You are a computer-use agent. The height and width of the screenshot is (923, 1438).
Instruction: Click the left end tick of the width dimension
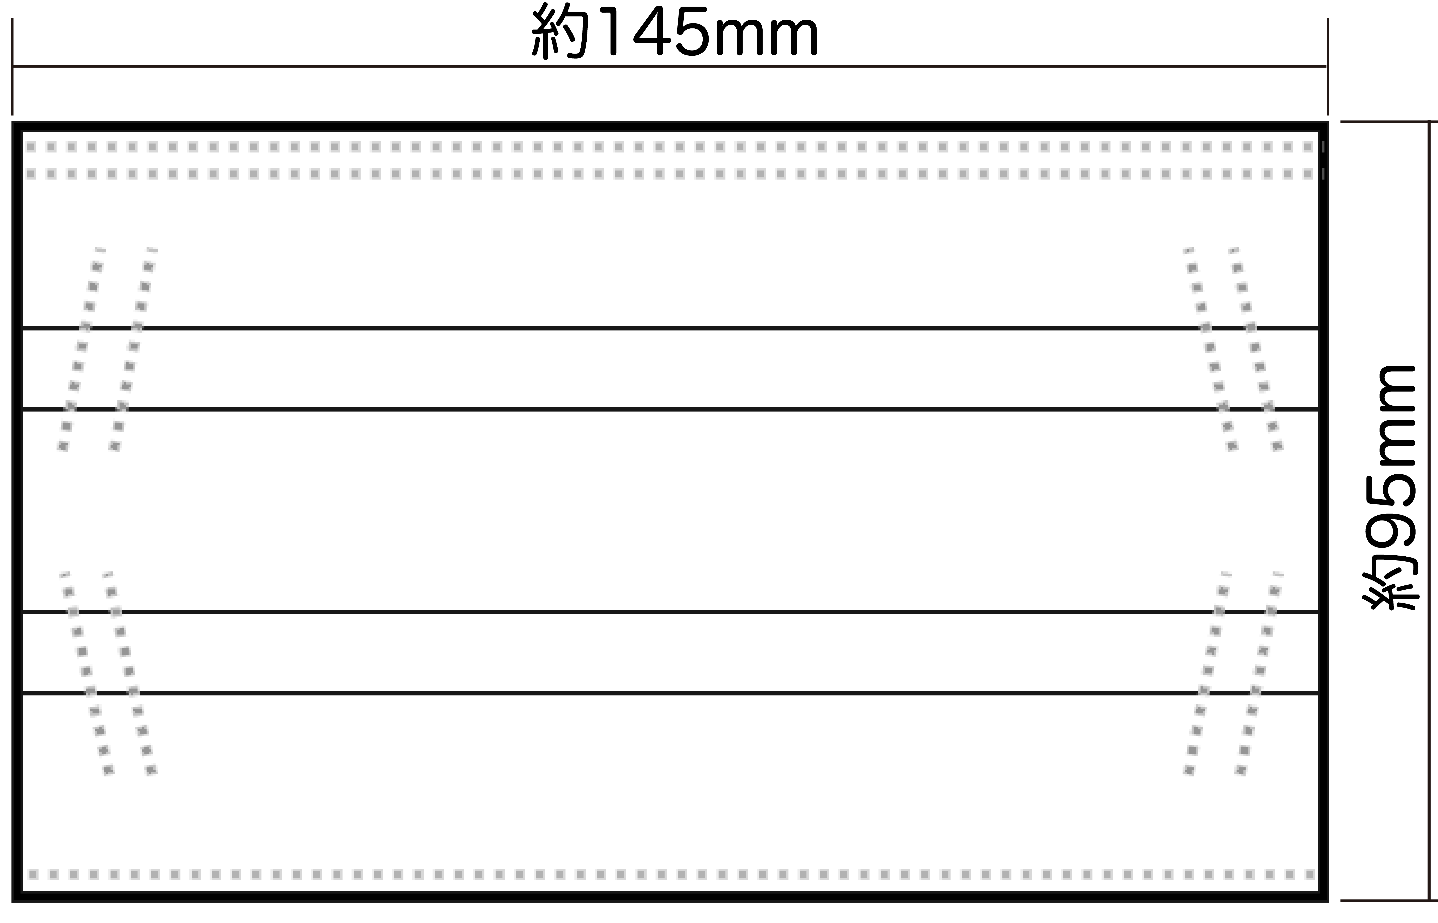12,66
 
